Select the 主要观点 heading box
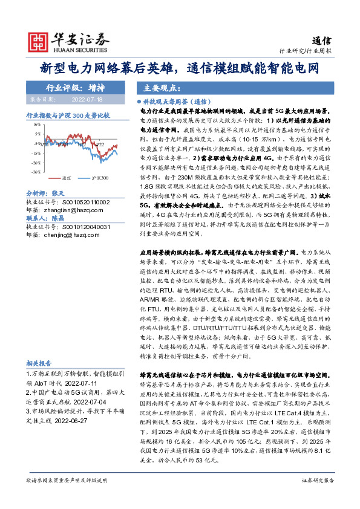pos(151,86)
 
